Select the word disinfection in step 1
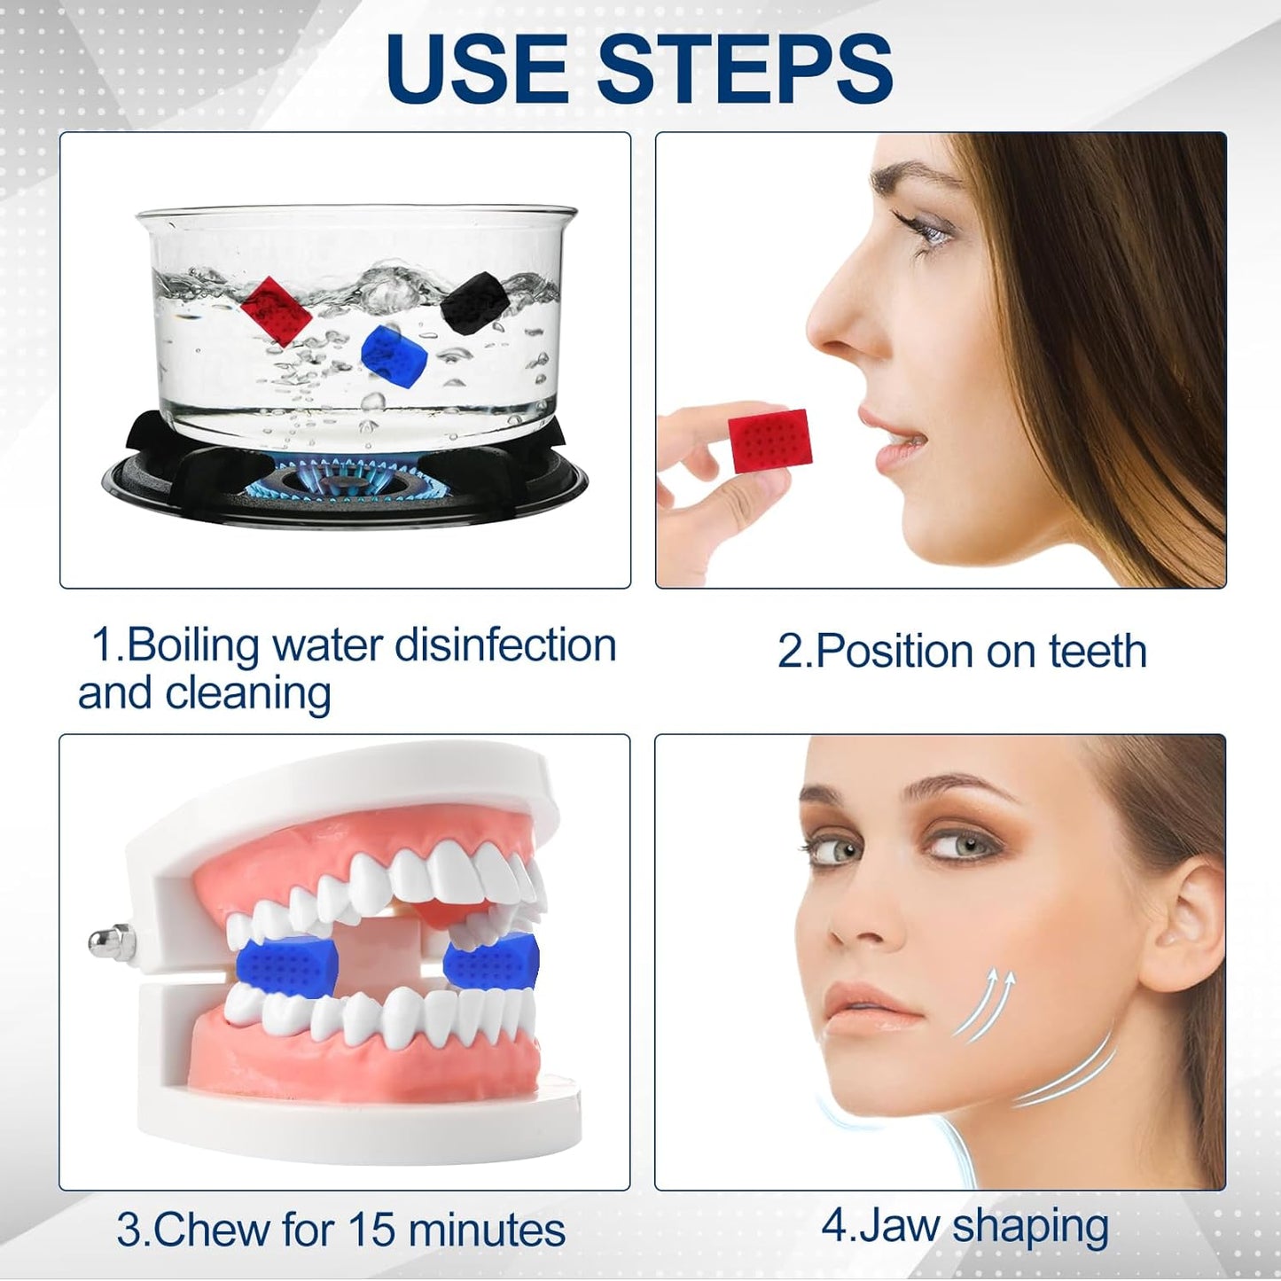click(505, 644)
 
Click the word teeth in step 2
click(1097, 652)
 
